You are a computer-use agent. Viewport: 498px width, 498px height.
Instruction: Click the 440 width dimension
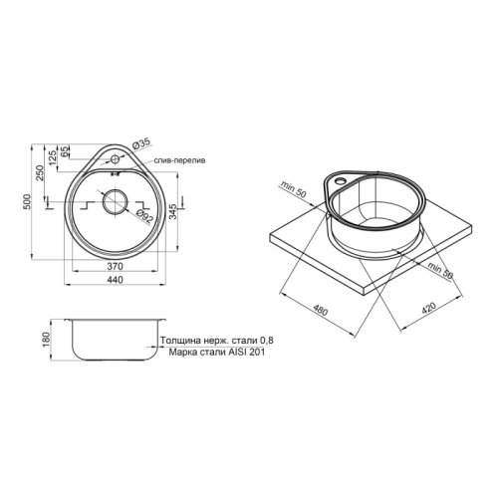(x=115, y=284)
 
